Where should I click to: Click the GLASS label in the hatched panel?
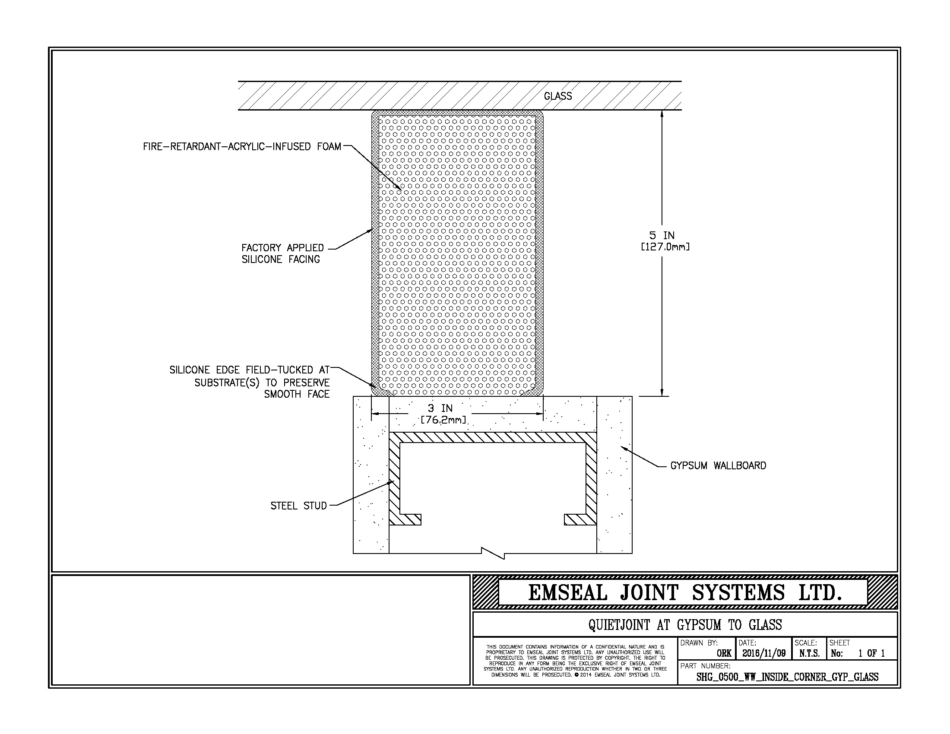pyautogui.click(x=557, y=96)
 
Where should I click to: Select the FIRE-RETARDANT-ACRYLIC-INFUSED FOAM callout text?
pyautogui.click(x=242, y=146)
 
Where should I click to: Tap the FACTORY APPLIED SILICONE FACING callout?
pyautogui.click(x=283, y=253)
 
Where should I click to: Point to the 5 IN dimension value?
pyautogui.click(x=662, y=236)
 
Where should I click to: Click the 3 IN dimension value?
pyautogui.click(x=440, y=408)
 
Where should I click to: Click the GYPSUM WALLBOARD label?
pyautogui.click(x=718, y=466)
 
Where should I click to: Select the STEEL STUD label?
pyautogui.click(x=298, y=506)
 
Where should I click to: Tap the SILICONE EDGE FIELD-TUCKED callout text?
pyautogui.click(x=250, y=382)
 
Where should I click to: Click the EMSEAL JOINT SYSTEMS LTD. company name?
pyautogui.click(x=685, y=593)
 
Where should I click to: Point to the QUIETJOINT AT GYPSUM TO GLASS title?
pyautogui.click(x=685, y=625)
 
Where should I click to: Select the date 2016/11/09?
pyautogui.click(x=764, y=653)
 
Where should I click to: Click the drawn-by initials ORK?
pyautogui.click(x=724, y=654)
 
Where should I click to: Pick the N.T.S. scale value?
pyautogui.click(x=809, y=653)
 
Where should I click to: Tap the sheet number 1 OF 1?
pyautogui.click(x=871, y=653)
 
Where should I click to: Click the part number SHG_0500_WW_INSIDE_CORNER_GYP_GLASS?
pyautogui.click(x=787, y=677)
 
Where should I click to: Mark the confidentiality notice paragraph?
pyautogui.click(x=575, y=661)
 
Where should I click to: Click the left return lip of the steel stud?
pyautogui.click(x=405, y=519)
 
